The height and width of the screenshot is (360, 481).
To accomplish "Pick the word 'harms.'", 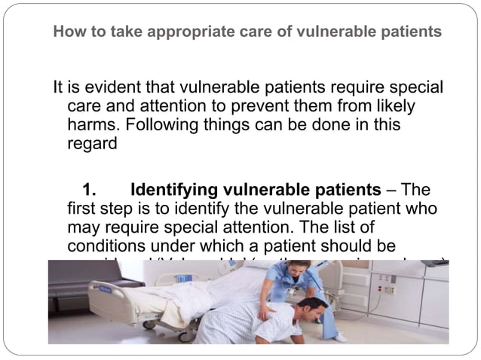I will (94, 124).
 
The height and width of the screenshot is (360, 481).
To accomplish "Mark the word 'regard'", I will (92, 142).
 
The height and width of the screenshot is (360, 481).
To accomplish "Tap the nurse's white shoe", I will (340, 337).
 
